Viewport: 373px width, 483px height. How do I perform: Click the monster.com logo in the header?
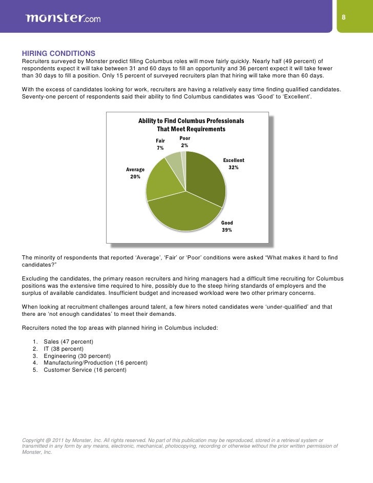[x=63, y=18]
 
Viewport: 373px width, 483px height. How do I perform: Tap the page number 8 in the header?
[x=344, y=18]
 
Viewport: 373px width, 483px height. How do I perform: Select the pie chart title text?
[x=191, y=125]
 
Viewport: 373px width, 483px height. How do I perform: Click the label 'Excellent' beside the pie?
[x=234, y=160]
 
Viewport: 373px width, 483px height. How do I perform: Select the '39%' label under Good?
[x=226, y=230]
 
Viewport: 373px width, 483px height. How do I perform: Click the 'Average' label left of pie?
[x=135, y=170]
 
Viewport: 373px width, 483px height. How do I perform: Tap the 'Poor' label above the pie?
[x=184, y=138]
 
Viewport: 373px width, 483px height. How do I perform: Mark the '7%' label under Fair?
[x=160, y=148]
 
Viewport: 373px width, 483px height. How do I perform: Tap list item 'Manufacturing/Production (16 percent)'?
[x=96, y=363]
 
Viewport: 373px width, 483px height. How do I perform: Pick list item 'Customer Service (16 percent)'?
[x=85, y=370]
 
